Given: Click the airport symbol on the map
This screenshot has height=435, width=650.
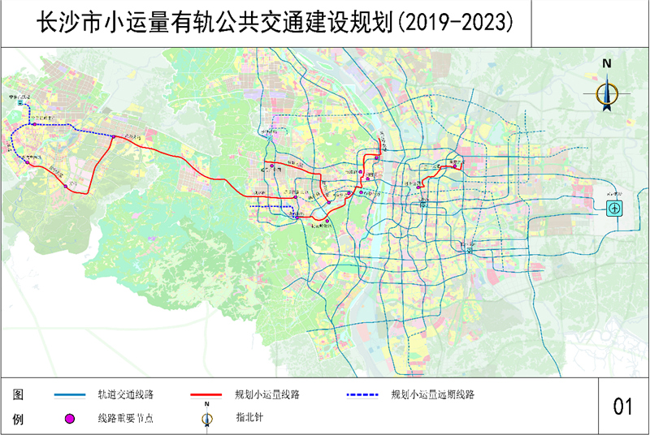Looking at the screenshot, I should [x=615, y=209].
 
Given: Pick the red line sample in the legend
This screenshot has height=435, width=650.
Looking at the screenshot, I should [x=206, y=395].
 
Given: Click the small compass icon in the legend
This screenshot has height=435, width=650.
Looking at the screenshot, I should [x=208, y=419].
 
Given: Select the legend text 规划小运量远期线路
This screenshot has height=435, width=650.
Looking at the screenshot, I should [x=432, y=395].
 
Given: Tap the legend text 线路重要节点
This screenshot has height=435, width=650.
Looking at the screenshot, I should [x=126, y=418].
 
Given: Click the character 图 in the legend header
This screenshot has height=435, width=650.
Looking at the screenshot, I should [x=17, y=395].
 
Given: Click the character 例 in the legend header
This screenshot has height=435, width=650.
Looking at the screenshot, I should [x=17, y=419].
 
